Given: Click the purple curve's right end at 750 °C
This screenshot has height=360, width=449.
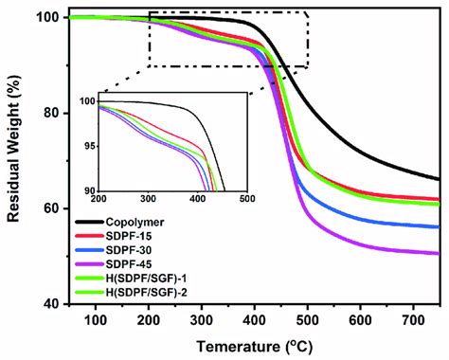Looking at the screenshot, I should (439, 253).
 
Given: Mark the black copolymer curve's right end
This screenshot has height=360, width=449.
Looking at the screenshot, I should (439, 178).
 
